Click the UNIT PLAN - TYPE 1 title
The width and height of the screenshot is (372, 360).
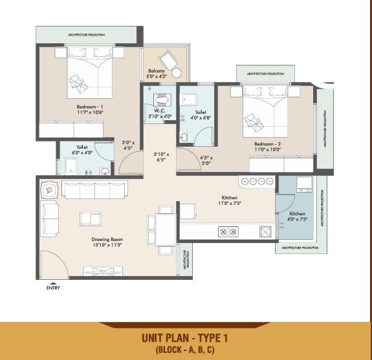[x=185, y=337]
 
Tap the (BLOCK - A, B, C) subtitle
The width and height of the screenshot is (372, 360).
[x=185, y=350]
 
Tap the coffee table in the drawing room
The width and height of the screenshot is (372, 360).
[x=90, y=218]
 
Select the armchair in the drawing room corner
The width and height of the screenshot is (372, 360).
[x=50, y=190]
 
